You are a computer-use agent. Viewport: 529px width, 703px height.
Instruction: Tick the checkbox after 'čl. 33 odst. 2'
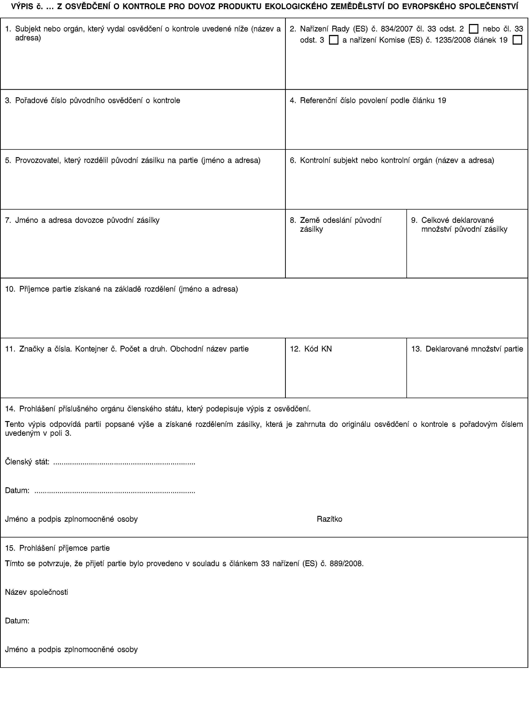473,29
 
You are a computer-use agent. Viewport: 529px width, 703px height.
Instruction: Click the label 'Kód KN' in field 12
318,349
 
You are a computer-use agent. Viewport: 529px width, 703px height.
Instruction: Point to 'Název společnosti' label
36,592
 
